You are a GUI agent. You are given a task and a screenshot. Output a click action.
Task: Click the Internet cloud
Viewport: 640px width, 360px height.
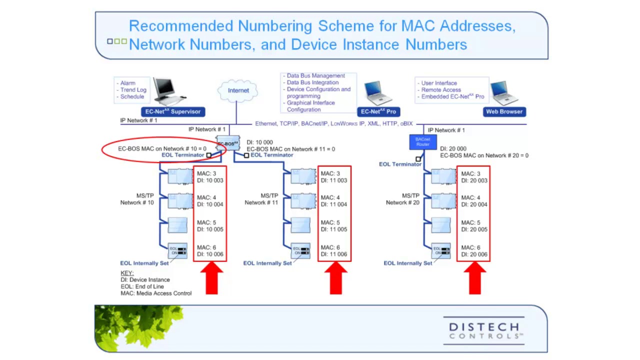click(x=238, y=90)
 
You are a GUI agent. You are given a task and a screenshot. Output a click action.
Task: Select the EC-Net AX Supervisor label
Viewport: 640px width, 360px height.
click(x=172, y=111)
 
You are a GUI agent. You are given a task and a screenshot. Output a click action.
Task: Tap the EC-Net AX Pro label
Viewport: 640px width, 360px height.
click(x=379, y=111)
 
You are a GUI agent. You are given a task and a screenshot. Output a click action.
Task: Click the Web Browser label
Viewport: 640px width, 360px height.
click(x=504, y=111)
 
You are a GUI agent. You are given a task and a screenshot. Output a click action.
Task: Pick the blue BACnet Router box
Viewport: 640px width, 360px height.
click(x=422, y=141)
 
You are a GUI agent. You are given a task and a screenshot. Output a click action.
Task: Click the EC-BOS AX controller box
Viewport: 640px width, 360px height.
click(x=227, y=143)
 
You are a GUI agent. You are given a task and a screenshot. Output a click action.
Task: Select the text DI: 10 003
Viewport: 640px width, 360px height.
click(x=210, y=180)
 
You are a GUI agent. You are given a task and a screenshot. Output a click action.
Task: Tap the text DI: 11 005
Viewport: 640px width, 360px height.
click(x=334, y=229)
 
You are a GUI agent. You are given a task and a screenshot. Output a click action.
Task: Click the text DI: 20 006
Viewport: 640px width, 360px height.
click(x=474, y=254)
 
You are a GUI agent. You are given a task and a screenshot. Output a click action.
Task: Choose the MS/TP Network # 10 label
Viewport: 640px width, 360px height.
click(x=137, y=199)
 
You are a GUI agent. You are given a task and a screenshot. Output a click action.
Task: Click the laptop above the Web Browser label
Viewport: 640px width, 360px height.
click(x=504, y=92)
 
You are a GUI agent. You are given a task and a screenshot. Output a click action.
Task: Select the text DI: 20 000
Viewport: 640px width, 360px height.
click(x=453, y=148)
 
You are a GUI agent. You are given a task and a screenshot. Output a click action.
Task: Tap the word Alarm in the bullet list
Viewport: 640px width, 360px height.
click(x=127, y=83)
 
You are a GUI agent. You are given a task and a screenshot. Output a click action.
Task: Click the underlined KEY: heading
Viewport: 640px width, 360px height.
click(x=127, y=273)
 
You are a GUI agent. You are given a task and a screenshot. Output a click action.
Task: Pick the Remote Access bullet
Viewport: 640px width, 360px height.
click(x=440, y=90)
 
